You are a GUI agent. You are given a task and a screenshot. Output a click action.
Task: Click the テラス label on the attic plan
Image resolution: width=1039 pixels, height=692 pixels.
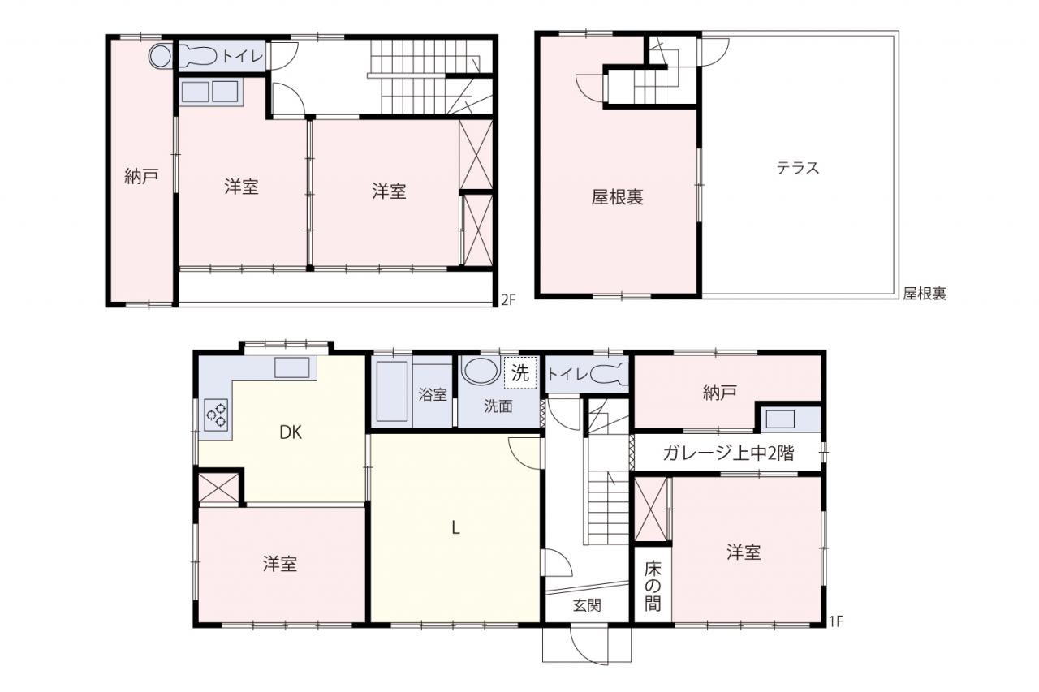point(798,167)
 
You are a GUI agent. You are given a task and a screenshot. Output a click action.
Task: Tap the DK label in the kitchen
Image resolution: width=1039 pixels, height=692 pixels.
point(291,432)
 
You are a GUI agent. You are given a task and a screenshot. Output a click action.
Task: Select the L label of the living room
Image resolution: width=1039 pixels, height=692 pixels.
point(456,527)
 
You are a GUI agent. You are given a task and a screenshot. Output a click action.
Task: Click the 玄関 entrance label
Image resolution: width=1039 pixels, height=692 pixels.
point(587,605)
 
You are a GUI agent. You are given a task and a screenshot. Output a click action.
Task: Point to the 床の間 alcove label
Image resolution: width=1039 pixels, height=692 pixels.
point(653,587)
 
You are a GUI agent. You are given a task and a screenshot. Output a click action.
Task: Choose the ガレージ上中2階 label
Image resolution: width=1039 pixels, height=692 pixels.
point(728,453)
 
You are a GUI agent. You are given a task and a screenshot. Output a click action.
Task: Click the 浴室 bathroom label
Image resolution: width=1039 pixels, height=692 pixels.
point(433,394)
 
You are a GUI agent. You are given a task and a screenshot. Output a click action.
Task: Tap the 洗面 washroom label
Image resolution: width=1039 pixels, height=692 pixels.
point(498,406)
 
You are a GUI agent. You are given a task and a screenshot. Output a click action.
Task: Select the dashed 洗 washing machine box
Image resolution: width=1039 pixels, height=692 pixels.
point(520,372)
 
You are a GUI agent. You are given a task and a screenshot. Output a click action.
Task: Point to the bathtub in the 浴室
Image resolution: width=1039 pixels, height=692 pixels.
point(392,392)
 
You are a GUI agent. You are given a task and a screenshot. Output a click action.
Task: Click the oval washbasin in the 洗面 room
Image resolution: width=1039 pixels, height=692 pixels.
point(481,370)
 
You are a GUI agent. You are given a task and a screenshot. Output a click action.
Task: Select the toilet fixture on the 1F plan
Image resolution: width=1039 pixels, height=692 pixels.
point(609,374)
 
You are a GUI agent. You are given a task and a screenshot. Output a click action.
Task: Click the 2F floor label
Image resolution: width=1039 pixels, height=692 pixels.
point(508,300)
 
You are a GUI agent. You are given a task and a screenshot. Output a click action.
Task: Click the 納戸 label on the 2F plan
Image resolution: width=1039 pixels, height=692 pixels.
point(141,176)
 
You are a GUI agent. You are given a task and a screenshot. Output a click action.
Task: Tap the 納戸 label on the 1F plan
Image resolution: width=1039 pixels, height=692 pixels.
point(719,393)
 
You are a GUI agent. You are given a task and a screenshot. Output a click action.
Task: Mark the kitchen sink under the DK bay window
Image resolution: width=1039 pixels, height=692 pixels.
point(291,367)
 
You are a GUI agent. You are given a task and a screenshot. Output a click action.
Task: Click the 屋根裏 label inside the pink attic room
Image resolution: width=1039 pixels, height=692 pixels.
point(618,197)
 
